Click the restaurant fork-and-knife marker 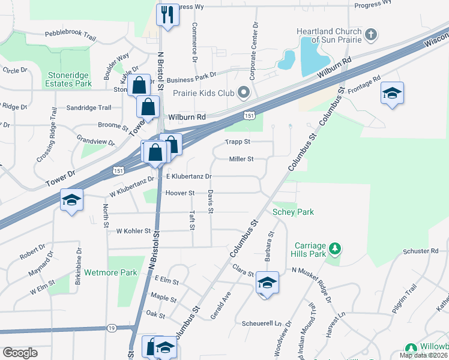[167, 14]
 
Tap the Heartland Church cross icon [371, 34]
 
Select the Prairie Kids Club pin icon [243, 92]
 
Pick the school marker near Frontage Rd [392, 93]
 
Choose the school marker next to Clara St [267, 283]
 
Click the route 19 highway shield [112, 328]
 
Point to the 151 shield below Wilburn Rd [248, 115]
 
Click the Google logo [20, 353]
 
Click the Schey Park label [293, 212]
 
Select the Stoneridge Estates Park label [70, 79]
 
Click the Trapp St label [237, 142]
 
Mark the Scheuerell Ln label [261, 323]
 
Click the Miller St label [241, 159]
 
